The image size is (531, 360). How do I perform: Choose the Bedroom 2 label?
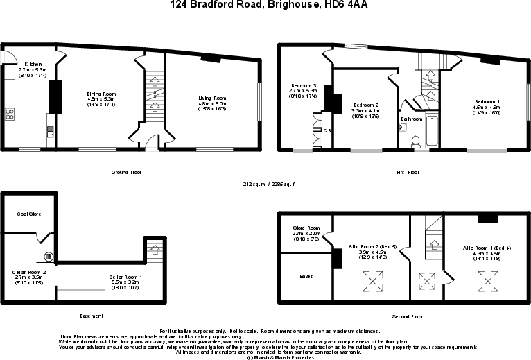(x=366, y=105)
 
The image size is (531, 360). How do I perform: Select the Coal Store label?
(x=29, y=214)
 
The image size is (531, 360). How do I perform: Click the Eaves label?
(x=306, y=276)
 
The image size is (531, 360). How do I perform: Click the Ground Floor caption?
(x=126, y=171)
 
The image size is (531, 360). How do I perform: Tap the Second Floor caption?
(x=406, y=316)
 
